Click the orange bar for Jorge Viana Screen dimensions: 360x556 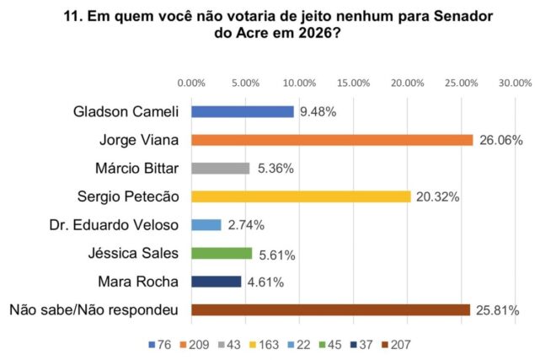(x=332, y=140)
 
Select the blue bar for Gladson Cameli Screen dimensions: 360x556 (x=243, y=111)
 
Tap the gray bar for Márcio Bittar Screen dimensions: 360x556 (x=221, y=168)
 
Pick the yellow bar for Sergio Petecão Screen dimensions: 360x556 (x=301, y=196)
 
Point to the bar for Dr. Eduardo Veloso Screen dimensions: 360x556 (x=206, y=225)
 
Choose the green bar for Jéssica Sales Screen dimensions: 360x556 (x=222, y=253)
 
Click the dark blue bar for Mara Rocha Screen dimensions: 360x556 (x=217, y=282)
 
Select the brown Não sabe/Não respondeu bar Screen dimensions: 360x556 (x=330, y=309)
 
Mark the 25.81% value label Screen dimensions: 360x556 (x=496, y=310)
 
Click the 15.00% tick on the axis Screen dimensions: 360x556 (x=354, y=83)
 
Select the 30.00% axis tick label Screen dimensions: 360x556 (x=515, y=83)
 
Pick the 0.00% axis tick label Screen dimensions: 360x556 (x=192, y=83)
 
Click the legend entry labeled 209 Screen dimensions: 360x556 (x=203, y=344)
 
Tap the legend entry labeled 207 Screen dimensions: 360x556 (x=398, y=344)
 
